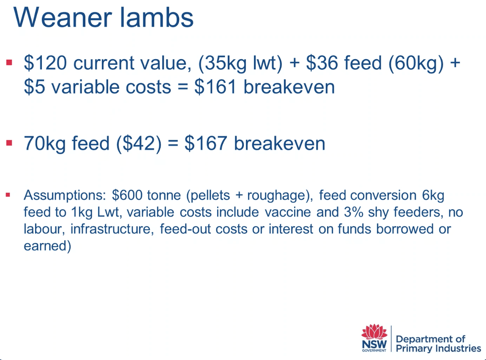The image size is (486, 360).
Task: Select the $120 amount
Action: [x=45, y=63]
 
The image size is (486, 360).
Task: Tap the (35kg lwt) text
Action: [x=240, y=63]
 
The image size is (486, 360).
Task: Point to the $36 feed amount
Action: [x=322, y=63]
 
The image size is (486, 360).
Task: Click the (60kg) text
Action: [x=416, y=63]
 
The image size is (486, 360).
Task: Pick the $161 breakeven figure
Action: [x=216, y=87]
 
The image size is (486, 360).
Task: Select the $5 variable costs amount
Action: [x=34, y=87]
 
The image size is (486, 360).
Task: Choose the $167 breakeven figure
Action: [x=206, y=143]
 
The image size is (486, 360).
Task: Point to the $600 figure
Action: [x=127, y=195]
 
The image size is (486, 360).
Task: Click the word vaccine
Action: [x=288, y=212]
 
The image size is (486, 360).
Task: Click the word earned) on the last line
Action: [x=47, y=246]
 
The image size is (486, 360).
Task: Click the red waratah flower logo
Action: [x=374, y=332]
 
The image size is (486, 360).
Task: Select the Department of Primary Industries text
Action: [x=438, y=344]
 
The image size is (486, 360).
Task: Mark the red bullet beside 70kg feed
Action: [x=9, y=143]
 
